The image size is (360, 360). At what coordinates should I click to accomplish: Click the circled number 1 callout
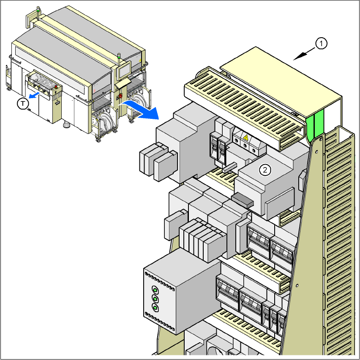321,44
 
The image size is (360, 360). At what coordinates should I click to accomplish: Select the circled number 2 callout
265,170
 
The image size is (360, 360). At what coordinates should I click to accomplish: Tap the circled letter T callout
23,104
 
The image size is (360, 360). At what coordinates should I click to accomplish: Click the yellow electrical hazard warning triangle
246,137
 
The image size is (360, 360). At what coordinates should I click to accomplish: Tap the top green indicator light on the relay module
155,290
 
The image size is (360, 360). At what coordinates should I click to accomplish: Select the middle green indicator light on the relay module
155,299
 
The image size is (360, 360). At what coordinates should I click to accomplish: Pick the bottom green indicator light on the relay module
155,308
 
